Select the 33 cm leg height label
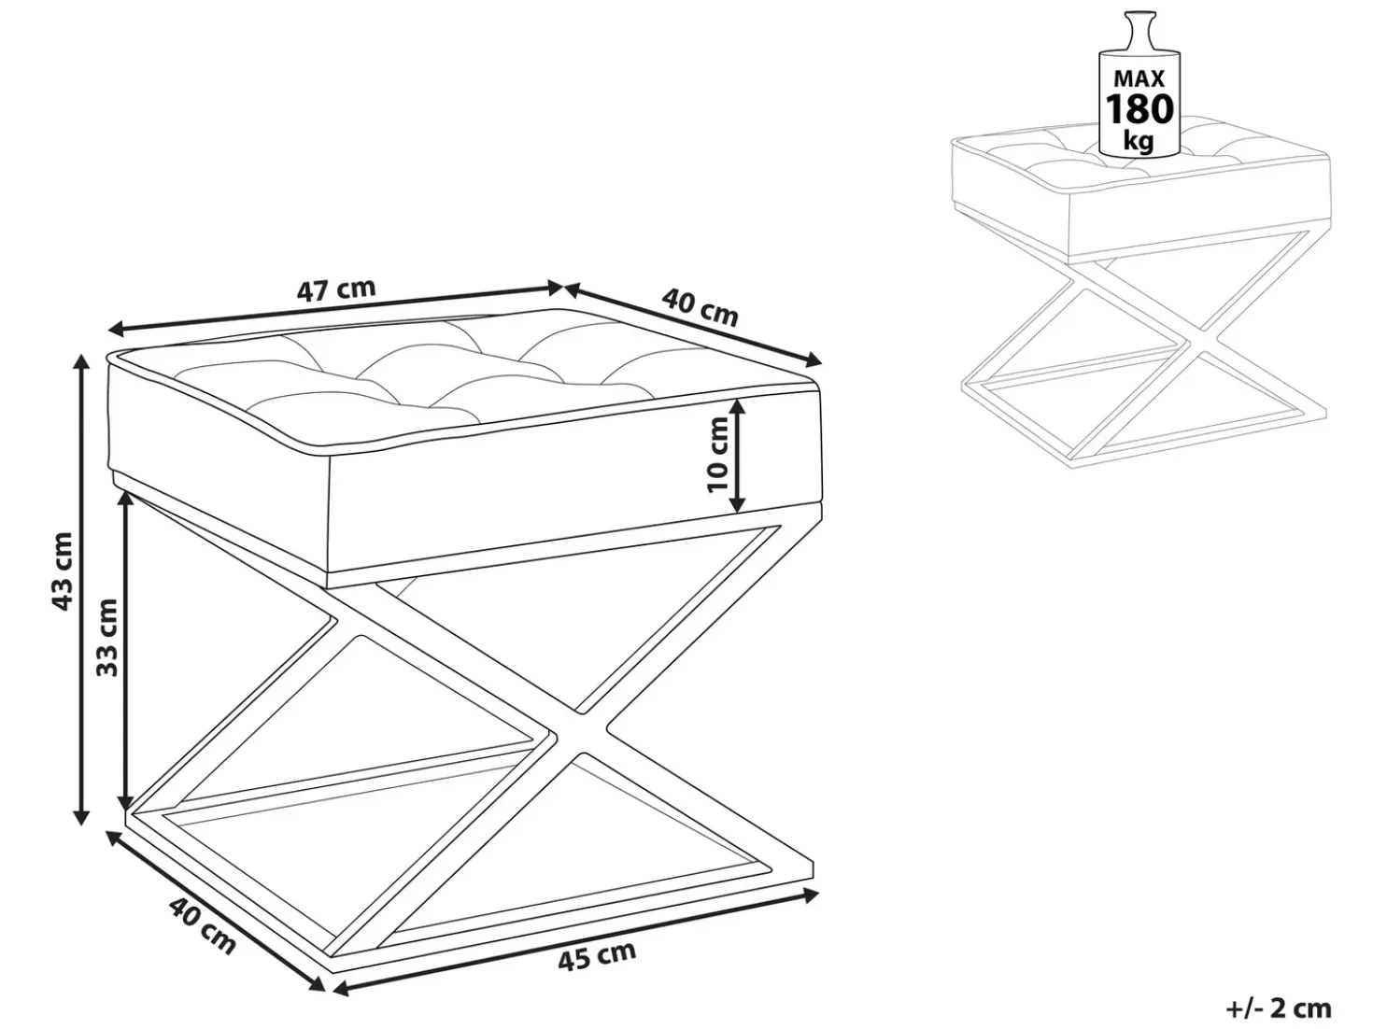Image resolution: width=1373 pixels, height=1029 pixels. point(107,637)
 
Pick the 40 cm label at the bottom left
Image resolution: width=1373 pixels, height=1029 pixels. point(202,926)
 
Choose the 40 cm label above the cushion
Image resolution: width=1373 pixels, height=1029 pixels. point(700,307)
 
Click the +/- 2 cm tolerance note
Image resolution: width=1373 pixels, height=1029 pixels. point(1279,1009)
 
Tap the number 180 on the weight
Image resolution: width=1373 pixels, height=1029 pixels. point(1139,109)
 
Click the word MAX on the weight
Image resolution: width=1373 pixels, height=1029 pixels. point(1139,78)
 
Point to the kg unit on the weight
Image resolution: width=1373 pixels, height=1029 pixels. point(1139,142)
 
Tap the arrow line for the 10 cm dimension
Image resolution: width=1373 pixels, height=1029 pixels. point(738,455)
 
